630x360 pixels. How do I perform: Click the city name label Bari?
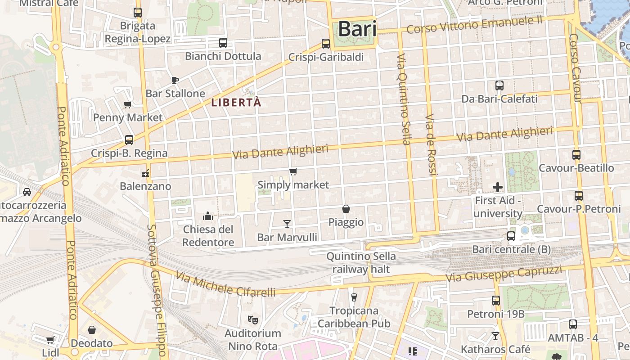tap(357, 29)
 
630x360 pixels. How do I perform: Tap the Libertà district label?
tap(236, 103)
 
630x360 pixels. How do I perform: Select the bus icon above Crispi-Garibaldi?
tap(326, 44)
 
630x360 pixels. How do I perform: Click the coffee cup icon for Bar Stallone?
tap(175, 81)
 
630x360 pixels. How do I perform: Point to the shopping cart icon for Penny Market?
tap(127, 105)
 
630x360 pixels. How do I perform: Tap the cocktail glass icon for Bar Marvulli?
tap(287, 224)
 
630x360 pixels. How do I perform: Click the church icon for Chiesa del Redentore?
tap(208, 216)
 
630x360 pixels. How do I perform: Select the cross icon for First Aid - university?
tap(498, 187)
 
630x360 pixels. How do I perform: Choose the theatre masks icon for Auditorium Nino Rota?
tap(253, 320)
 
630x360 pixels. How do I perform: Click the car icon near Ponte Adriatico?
tap(27, 192)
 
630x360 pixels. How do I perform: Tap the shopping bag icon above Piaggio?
tap(346, 209)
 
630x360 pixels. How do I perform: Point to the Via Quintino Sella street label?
tap(403, 99)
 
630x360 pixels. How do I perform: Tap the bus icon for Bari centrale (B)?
tap(511, 236)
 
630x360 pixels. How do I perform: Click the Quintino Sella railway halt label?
tap(361, 263)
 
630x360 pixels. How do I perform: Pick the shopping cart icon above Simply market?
tap(293, 171)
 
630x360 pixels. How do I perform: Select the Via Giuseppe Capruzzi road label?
tap(504, 274)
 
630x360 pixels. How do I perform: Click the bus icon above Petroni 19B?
tap(496, 300)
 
